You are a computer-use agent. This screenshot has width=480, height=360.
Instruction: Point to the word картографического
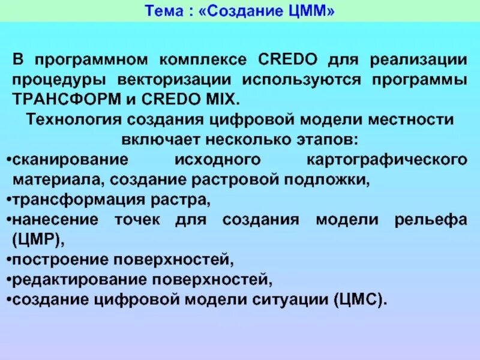click(386, 160)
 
